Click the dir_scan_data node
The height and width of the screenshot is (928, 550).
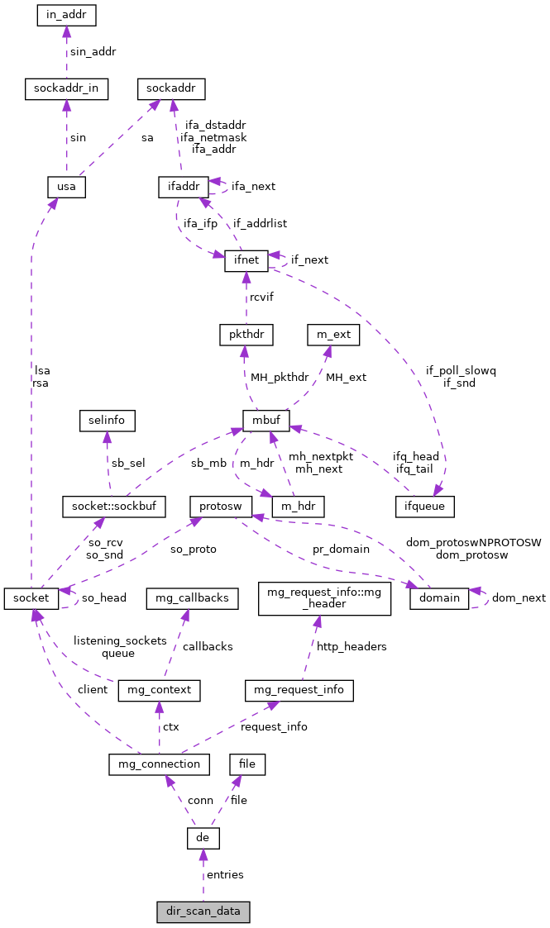click(x=203, y=912)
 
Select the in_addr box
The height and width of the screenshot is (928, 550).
click(x=67, y=15)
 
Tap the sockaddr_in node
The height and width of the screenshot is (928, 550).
click(x=66, y=88)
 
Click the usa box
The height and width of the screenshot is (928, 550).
click(x=66, y=187)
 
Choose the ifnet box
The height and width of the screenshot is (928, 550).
click(x=246, y=259)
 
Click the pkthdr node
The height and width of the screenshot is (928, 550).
click(x=246, y=335)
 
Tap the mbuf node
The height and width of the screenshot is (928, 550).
click(x=265, y=420)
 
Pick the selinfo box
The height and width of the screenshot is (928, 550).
click(x=107, y=420)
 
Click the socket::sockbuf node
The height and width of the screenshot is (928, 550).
click(x=114, y=505)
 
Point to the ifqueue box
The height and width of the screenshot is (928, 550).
click(x=424, y=505)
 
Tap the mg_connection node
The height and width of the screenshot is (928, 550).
click(x=159, y=764)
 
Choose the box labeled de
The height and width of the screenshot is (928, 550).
click(x=203, y=839)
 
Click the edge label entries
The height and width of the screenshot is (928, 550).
click(x=225, y=874)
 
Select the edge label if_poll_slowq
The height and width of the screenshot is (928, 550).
click(x=461, y=371)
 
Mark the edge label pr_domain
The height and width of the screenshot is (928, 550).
click(x=341, y=549)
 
